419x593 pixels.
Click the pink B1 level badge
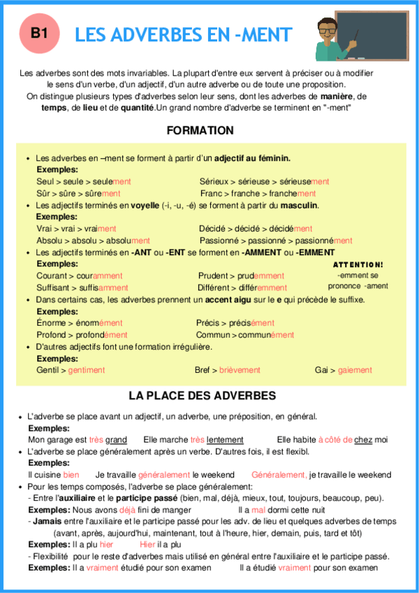[39, 32]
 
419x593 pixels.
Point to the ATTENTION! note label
[358, 265]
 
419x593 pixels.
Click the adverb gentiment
[86, 370]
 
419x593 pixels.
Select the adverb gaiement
[355, 370]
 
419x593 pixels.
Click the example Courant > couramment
[79, 276]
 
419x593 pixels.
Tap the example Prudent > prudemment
[241, 276]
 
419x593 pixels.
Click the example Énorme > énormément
[79, 323]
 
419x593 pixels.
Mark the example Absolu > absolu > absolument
[92, 241]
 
